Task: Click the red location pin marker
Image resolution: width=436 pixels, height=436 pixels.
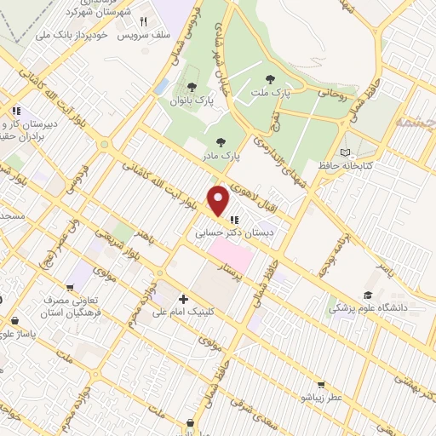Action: (x=219, y=201)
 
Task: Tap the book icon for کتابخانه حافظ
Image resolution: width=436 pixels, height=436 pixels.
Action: (x=345, y=152)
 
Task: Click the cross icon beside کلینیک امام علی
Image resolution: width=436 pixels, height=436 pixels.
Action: (x=184, y=299)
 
